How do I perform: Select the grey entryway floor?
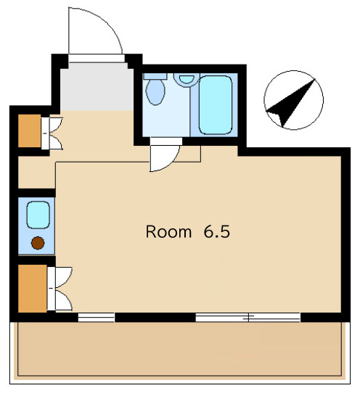[x=96, y=87]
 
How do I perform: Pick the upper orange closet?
[x=28, y=130]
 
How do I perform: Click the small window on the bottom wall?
[x=96, y=316]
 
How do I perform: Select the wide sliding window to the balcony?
[x=247, y=316]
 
